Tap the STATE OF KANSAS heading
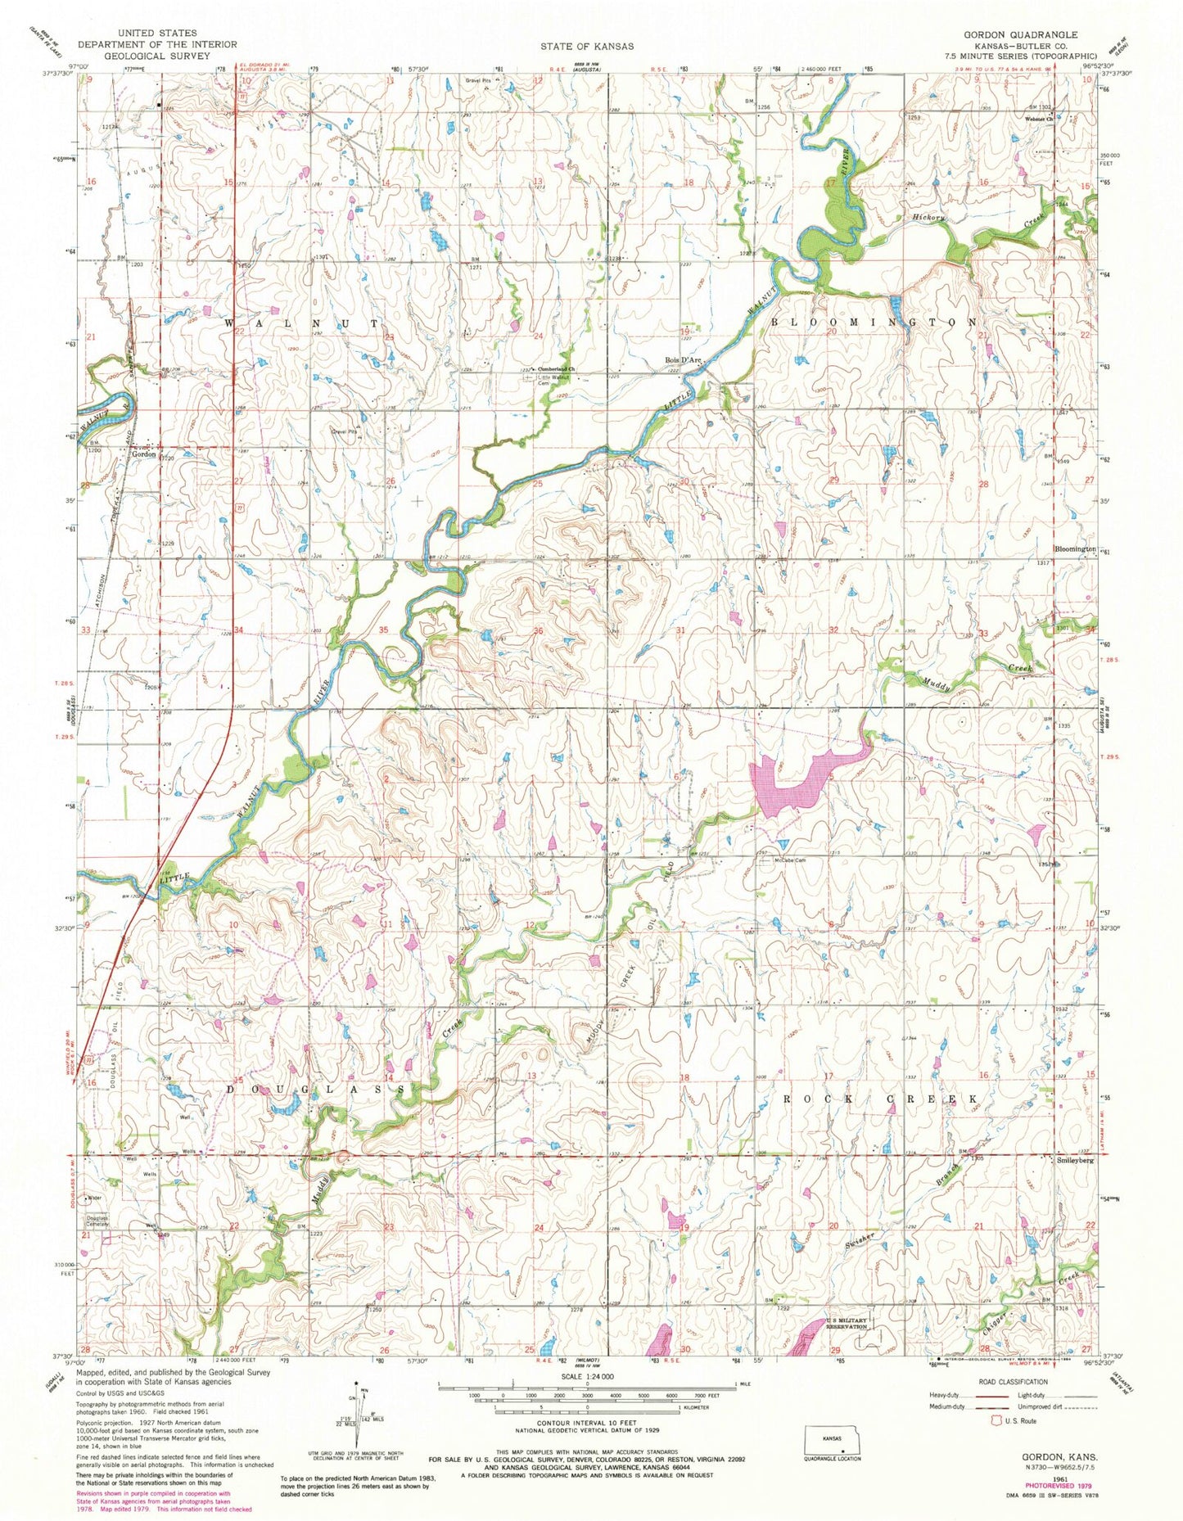pyautogui.click(x=585, y=47)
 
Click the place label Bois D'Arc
pyautogui.click(x=684, y=360)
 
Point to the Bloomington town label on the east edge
pyautogui.click(x=1075, y=548)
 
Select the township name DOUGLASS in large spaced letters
pyautogui.click(x=315, y=1090)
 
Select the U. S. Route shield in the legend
pyautogui.click(x=996, y=1420)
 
